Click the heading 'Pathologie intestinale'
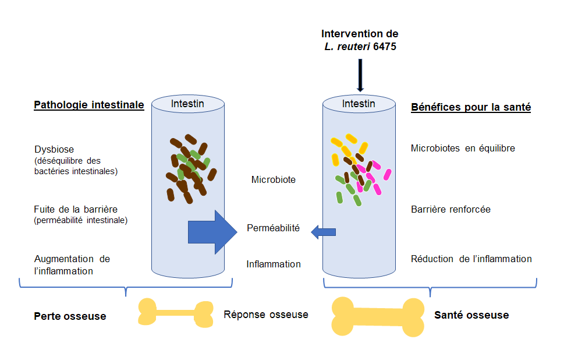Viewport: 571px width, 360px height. (x=88, y=105)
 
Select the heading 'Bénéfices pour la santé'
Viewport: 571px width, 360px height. (x=470, y=107)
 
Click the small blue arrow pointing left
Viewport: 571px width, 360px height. (x=323, y=232)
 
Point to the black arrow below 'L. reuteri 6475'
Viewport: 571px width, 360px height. (x=360, y=75)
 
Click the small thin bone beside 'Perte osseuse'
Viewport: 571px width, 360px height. (x=175, y=313)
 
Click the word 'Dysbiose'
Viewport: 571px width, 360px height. (x=54, y=149)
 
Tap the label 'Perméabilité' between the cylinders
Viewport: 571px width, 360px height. (x=273, y=228)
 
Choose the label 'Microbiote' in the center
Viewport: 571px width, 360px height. (x=273, y=180)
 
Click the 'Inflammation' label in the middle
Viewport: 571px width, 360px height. (x=273, y=264)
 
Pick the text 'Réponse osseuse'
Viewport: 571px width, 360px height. (x=265, y=315)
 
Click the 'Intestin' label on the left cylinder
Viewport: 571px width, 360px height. (x=188, y=104)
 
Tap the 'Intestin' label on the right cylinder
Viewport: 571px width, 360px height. (x=359, y=104)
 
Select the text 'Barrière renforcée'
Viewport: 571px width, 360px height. (x=450, y=209)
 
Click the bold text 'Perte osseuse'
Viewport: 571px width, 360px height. (x=70, y=316)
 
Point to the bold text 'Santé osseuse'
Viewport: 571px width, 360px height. (x=471, y=315)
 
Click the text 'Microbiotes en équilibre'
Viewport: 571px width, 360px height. (x=463, y=149)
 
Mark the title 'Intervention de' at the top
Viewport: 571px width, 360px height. (x=360, y=34)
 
